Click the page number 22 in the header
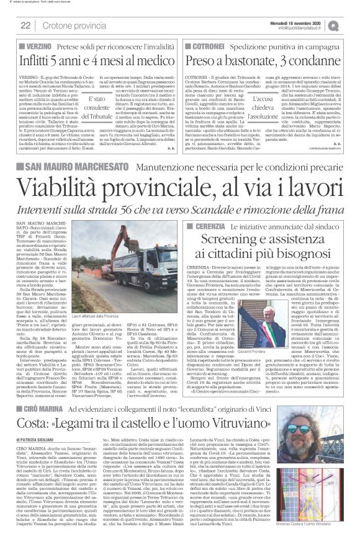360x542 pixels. (25, 25)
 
